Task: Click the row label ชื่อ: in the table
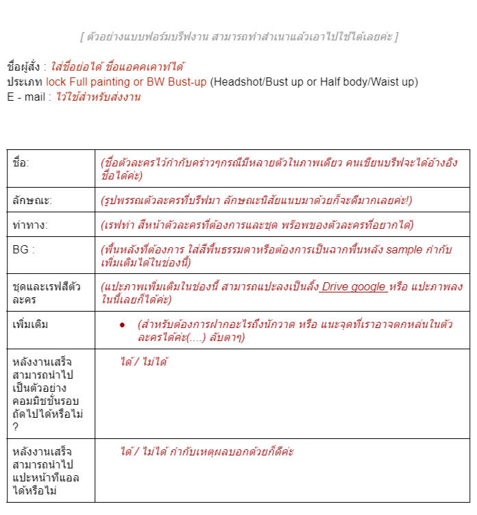pos(21,163)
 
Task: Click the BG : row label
pos(23,249)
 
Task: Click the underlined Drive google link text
pos(353,287)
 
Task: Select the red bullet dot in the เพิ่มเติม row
pos(122,325)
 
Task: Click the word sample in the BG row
pos(404,249)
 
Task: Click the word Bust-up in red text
pos(186,82)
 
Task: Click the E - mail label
pos(25,97)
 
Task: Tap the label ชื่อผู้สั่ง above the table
pos(23,67)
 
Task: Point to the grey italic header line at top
pos(238,36)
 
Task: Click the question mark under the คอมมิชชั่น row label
pos(15,427)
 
